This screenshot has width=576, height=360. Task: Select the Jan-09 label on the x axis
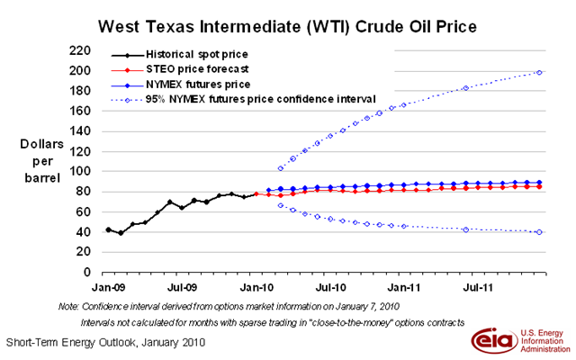pos(109,287)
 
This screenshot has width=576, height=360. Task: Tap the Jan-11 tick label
pos(404,287)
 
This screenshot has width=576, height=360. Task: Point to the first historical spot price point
pos(109,229)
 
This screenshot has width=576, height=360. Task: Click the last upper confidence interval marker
pos(538,72)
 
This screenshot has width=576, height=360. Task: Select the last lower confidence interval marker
pos(538,232)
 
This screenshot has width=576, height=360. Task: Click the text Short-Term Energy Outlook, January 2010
pos(106,343)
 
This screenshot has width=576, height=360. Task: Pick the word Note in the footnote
pos(68,306)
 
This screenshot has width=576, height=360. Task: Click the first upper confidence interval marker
pos(281,168)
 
